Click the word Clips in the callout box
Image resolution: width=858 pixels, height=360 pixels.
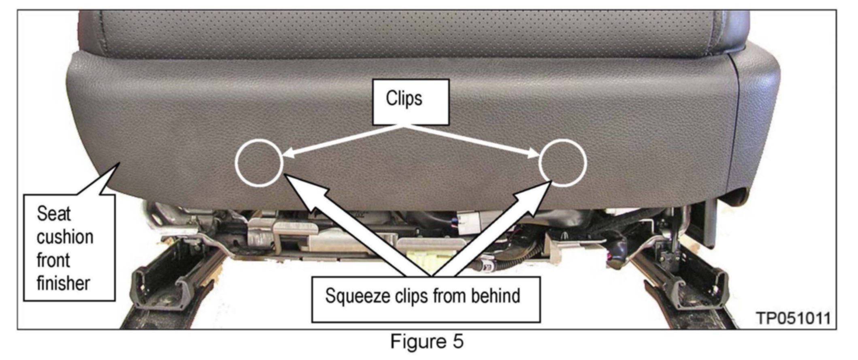pos(404,98)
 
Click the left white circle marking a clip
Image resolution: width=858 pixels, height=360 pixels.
pos(259,163)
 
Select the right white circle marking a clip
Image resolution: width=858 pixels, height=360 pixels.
pos(563,163)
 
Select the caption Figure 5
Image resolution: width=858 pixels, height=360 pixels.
pos(426,341)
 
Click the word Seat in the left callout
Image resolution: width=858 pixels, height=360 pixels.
pos(53,214)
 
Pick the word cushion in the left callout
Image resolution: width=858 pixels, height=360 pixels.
pos(65,237)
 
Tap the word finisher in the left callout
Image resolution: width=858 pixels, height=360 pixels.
pos(63,283)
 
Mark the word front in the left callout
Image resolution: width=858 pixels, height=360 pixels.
pos(53,260)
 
